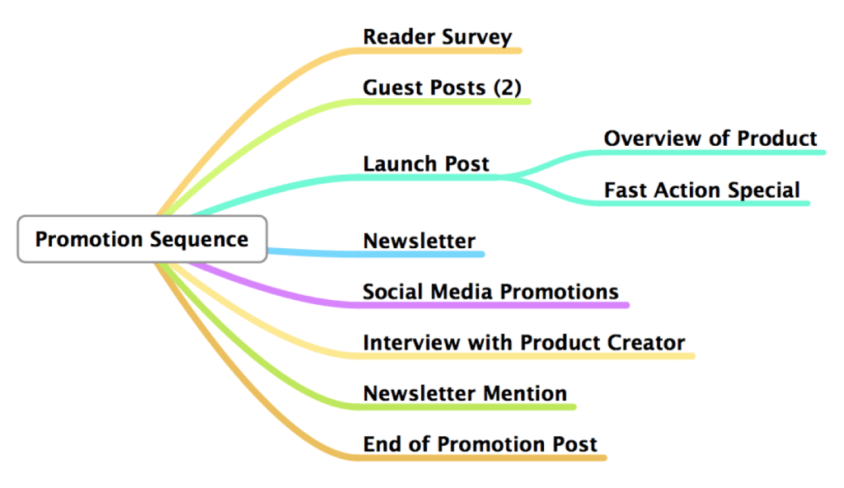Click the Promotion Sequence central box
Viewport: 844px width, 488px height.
coord(142,239)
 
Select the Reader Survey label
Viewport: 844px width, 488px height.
coord(437,37)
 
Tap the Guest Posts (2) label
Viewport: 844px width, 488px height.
coord(442,87)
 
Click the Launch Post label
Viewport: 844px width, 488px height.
coord(426,163)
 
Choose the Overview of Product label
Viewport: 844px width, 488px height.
coord(710,138)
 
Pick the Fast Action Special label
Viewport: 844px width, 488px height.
coord(701,190)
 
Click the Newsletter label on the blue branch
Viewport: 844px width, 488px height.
coord(419,241)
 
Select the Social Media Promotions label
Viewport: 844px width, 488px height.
coord(490,291)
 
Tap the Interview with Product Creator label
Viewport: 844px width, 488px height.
coord(523,342)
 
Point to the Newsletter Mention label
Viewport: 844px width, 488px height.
coord(465,393)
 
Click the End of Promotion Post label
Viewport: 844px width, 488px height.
coord(480,443)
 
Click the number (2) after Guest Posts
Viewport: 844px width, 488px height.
coord(507,87)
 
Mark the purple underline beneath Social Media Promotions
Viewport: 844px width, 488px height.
coord(495,305)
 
